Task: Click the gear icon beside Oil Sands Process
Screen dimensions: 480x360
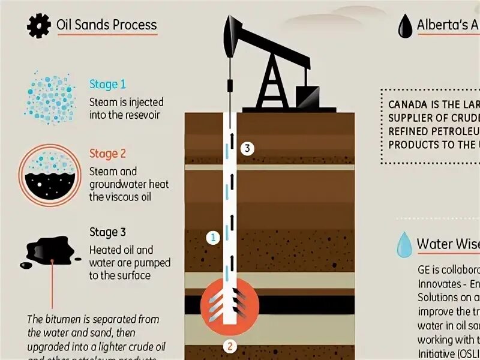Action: click(x=37, y=26)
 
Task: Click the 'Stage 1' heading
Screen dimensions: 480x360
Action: click(x=107, y=84)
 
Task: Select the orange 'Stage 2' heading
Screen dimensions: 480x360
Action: click(x=107, y=153)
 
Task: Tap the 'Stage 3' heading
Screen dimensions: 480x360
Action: click(x=107, y=232)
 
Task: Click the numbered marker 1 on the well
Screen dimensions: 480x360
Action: click(x=211, y=237)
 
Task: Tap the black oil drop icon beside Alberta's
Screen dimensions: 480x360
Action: click(x=406, y=26)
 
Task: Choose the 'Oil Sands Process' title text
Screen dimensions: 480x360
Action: click(x=106, y=25)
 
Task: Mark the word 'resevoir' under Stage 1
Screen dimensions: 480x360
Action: click(x=138, y=115)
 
